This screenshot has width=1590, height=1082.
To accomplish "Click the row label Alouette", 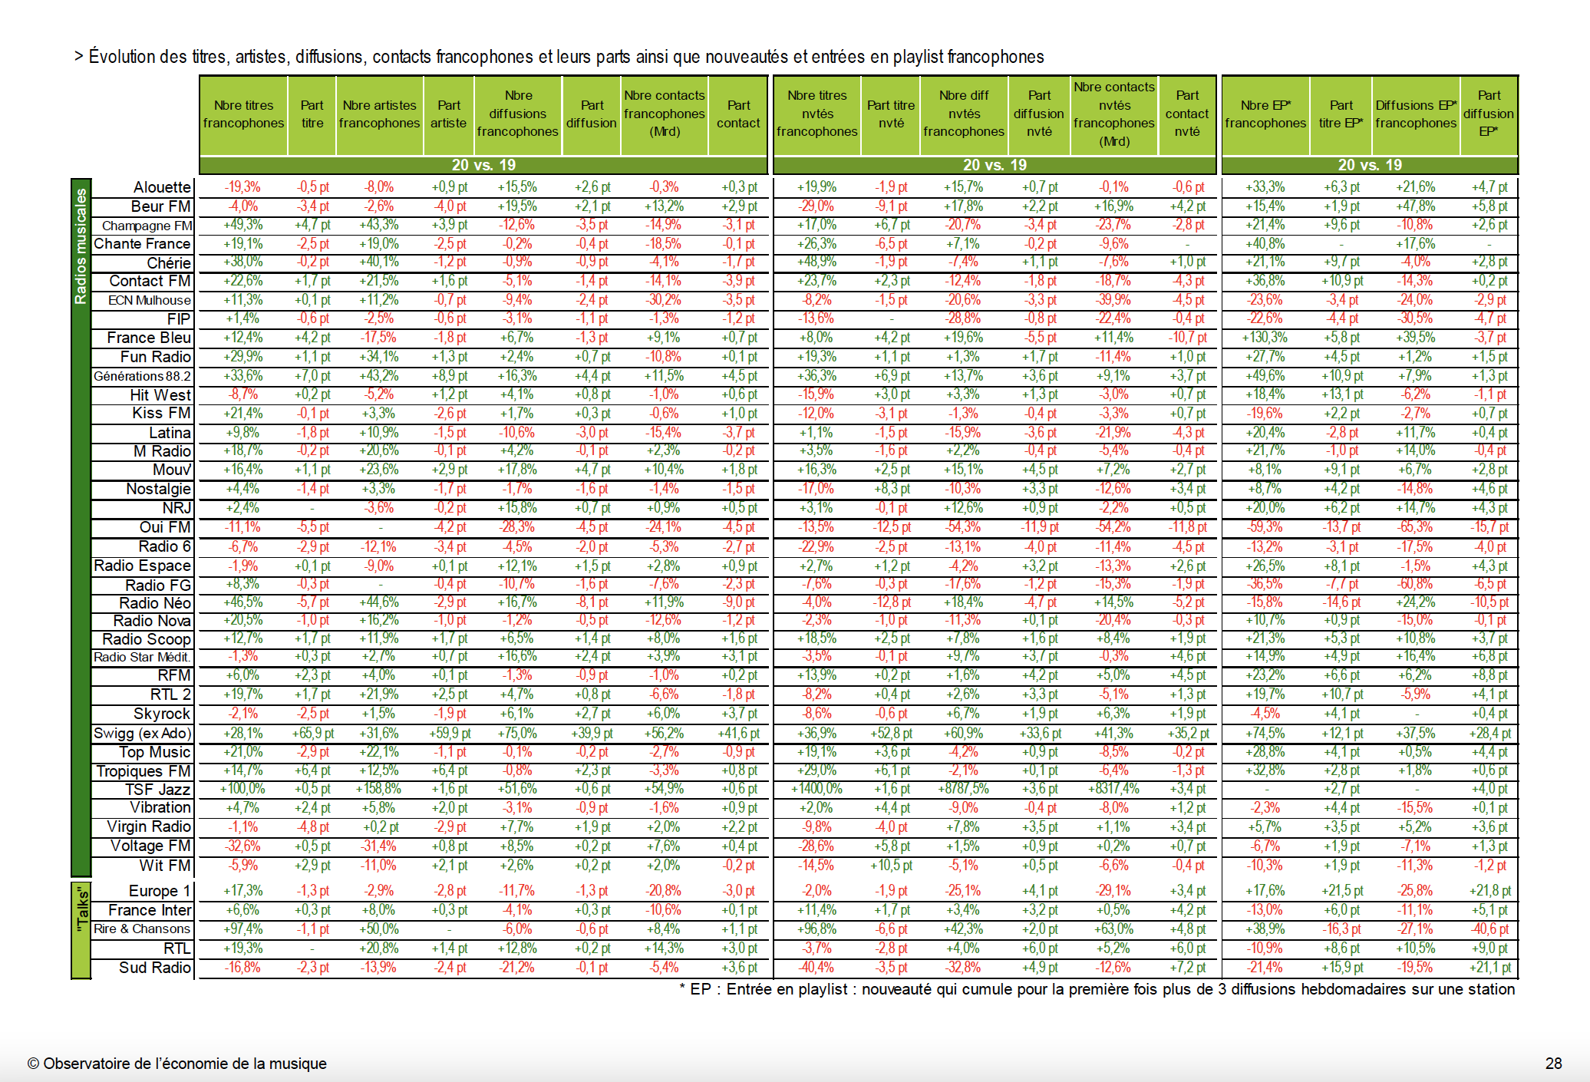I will pyautogui.click(x=162, y=187).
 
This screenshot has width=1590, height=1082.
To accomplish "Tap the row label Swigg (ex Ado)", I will pyautogui.click(x=142, y=733).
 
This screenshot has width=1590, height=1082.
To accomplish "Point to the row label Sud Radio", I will pyautogui.click(x=154, y=968).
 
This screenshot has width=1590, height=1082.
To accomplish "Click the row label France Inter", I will pyautogui.click(x=150, y=910).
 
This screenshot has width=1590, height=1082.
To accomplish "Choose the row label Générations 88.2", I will pyautogui.click(x=142, y=376).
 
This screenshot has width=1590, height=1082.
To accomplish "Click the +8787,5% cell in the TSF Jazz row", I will pyautogui.click(x=963, y=789).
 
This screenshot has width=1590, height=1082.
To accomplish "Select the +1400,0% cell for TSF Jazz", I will pyautogui.click(x=816, y=789).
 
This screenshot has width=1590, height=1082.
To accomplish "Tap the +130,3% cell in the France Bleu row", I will pyautogui.click(x=1265, y=338).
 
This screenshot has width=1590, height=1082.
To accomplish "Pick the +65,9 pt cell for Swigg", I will pyautogui.click(x=312, y=733).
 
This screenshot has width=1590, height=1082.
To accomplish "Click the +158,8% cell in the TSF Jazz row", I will pyautogui.click(x=379, y=789).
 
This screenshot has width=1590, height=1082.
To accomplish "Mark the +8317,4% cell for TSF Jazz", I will pyautogui.click(x=1113, y=789).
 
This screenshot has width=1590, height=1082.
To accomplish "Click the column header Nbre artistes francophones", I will pyautogui.click(x=379, y=114).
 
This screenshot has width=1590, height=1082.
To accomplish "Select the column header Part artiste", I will pyautogui.click(x=449, y=114).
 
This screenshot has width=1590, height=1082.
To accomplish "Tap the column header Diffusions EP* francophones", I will pyautogui.click(x=1416, y=114).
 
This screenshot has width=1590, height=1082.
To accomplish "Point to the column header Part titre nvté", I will pyautogui.click(x=891, y=114).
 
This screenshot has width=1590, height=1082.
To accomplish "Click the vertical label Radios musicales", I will pyautogui.click(x=81, y=246).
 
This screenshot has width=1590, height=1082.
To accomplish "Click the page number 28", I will pyautogui.click(x=1553, y=1064).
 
